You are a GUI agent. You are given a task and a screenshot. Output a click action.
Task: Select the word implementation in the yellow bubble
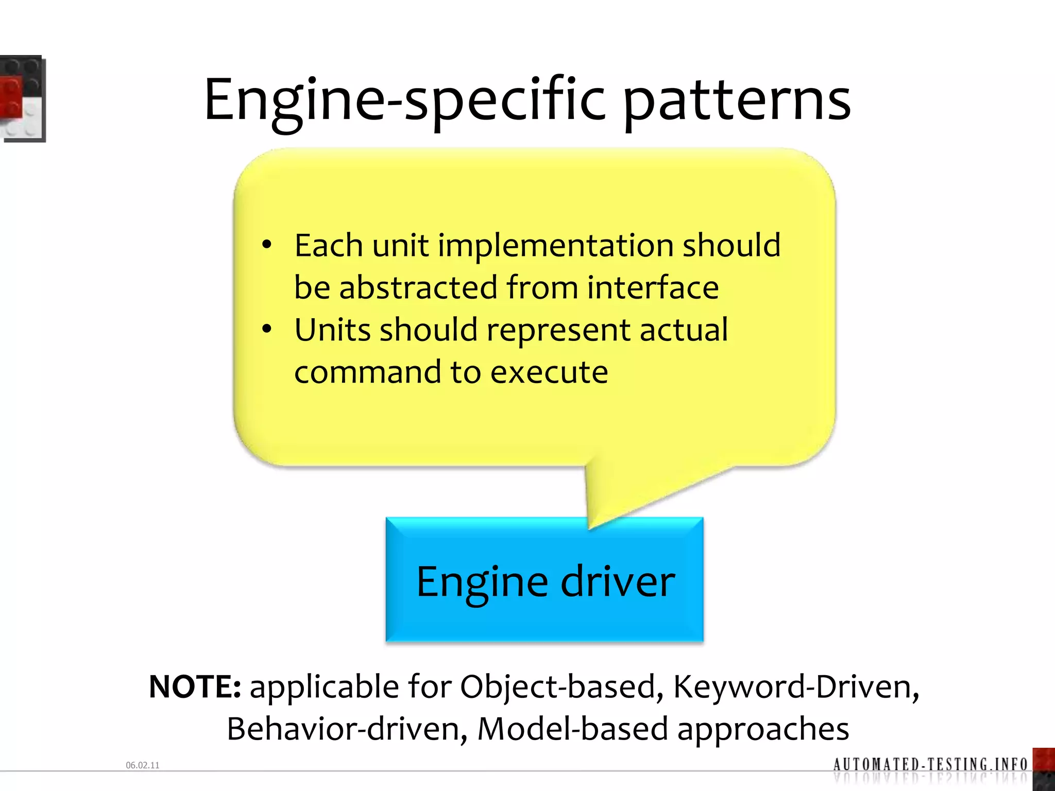click(x=555, y=246)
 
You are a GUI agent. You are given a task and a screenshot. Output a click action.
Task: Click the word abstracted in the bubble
click(x=418, y=288)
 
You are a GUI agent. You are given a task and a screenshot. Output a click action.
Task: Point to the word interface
click(x=653, y=288)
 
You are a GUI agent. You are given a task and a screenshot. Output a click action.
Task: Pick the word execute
click(x=549, y=372)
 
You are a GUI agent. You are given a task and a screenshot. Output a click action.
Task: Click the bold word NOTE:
click(x=195, y=687)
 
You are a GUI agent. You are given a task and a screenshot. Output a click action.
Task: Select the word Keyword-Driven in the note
click(x=796, y=687)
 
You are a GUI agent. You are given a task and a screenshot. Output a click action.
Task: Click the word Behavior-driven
click(x=347, y=729)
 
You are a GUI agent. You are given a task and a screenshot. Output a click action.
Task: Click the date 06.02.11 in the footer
click(x=143, y=765)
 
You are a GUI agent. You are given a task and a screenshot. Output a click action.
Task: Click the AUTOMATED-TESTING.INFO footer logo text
click(x=930, y=764)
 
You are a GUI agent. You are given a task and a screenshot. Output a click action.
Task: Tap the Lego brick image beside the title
click(x=23, y=98)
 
